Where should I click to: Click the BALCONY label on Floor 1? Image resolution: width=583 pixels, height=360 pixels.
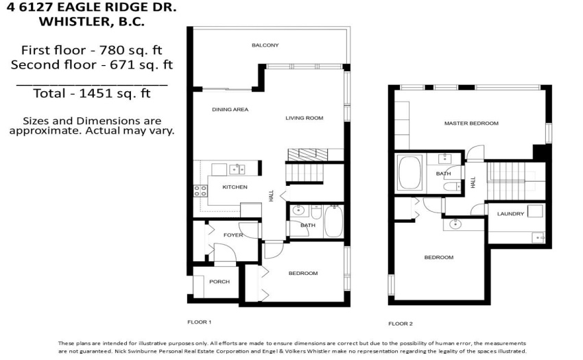265,45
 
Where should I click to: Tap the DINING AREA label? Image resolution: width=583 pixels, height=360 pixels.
230,109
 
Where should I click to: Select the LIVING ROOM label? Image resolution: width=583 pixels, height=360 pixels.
304,118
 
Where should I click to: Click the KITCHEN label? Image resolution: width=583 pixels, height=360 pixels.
235,187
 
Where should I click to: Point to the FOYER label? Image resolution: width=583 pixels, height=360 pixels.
233,235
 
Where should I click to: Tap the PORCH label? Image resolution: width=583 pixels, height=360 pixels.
219,282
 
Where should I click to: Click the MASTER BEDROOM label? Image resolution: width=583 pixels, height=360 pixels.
471,123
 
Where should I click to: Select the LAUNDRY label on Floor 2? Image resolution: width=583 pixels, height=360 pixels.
510,214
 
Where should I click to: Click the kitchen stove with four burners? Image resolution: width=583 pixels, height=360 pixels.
200,191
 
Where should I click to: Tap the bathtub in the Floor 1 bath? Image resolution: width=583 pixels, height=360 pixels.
333,221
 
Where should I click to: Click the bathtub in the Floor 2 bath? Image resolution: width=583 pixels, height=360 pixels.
409,173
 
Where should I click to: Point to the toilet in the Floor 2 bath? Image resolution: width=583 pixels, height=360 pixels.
453,187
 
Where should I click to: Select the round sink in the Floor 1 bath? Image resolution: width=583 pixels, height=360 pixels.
298,211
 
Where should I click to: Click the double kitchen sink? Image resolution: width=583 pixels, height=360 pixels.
237,169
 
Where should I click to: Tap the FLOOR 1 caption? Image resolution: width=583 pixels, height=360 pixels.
200,322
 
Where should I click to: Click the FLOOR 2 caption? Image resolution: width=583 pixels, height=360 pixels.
401,324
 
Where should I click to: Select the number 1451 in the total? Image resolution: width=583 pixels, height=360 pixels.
92,93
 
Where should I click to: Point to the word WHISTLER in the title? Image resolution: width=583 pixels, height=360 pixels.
73,21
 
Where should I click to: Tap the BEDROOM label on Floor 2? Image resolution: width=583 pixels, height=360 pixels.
439,257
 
